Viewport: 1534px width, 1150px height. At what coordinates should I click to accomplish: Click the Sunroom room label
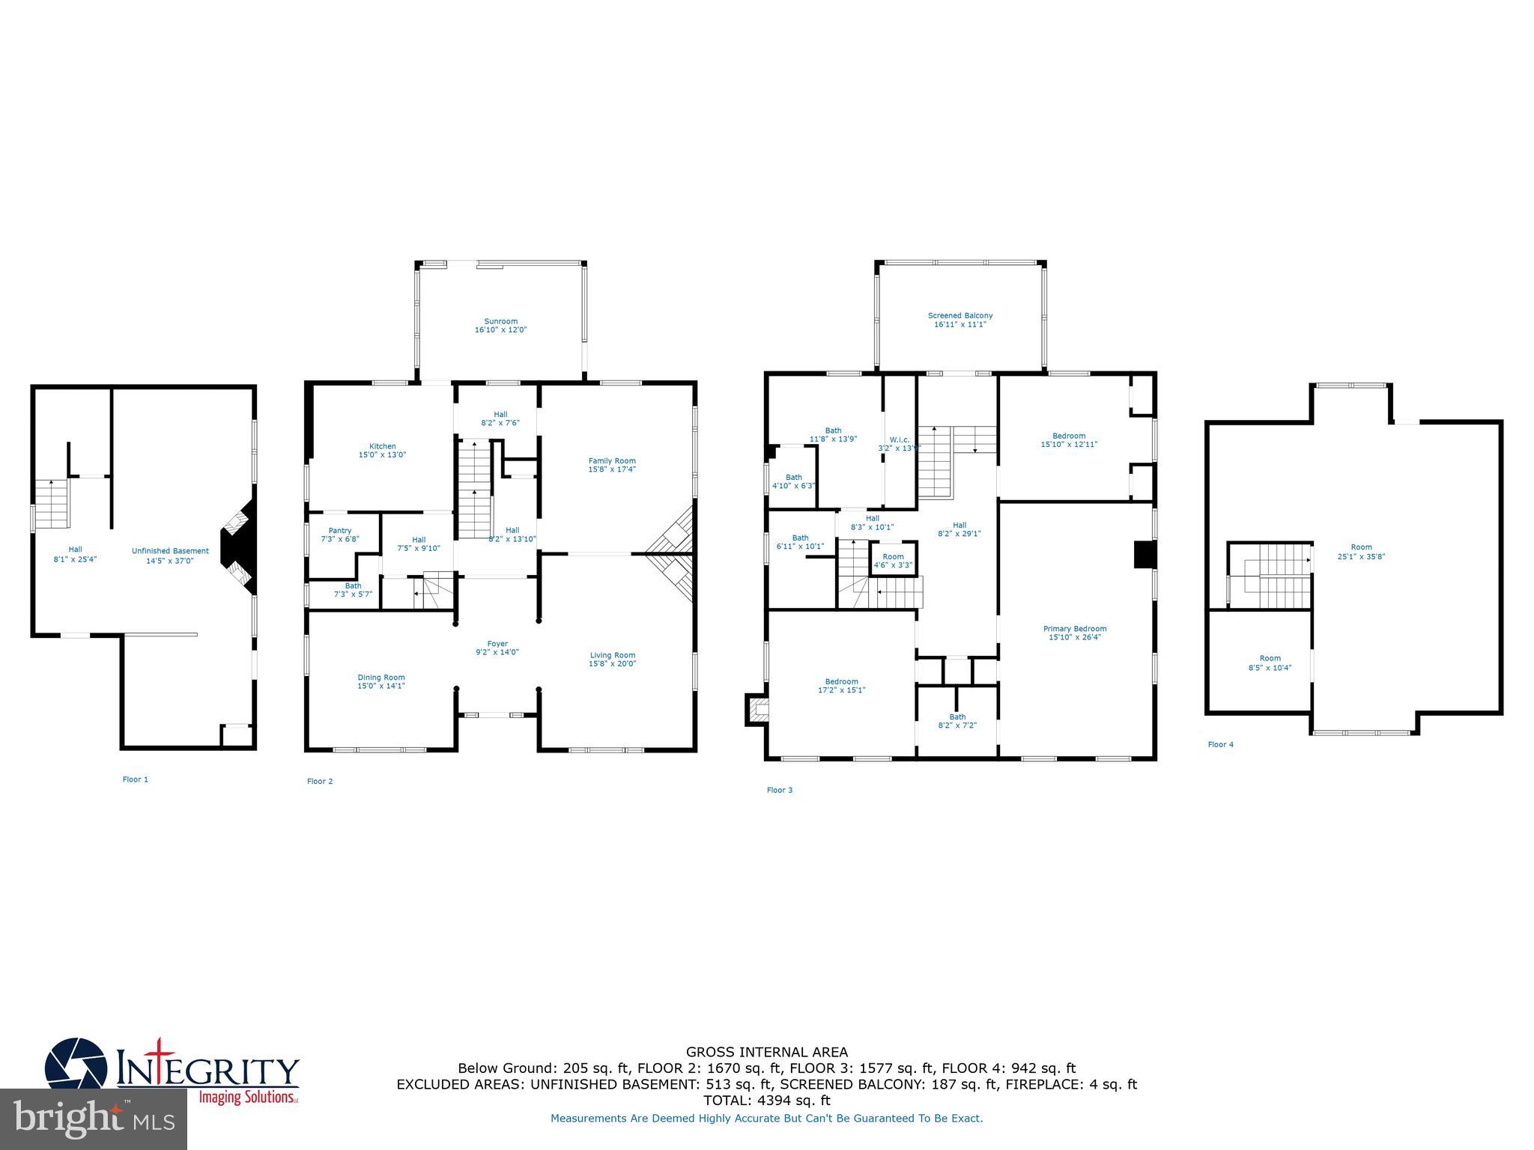pos(500,321)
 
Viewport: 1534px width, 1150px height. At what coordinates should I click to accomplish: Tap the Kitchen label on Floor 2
pos(382,446)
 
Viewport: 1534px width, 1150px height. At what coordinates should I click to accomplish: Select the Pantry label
pos(339,530)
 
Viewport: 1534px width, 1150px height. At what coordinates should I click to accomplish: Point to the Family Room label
pos(611,461)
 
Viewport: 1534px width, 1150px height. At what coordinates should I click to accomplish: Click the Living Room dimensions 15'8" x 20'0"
pos(612,663)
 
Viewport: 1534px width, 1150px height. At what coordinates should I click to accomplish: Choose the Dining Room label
pos(381,678)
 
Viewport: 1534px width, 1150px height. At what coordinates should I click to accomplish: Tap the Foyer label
pos(497,644)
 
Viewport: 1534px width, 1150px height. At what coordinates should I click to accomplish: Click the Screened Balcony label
pos(959,316)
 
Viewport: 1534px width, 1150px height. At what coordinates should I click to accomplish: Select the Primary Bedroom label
pos(1074,629)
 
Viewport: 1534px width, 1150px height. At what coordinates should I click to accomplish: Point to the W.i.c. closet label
pos(899,439)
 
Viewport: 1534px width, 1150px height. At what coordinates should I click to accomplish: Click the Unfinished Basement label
pos(170,551)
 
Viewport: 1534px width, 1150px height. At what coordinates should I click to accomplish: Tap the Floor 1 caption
pos(136,779)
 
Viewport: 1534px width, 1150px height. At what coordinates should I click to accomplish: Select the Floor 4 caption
pos(1220,744)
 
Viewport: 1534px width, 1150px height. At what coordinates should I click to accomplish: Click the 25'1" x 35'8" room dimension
pos(1361,556)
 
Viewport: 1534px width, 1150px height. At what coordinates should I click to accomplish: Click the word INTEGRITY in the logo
pos(208,1069)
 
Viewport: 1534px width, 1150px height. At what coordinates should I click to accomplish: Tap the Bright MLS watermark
pos(94,1119)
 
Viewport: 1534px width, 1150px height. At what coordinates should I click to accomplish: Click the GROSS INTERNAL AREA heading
pos(767,1052)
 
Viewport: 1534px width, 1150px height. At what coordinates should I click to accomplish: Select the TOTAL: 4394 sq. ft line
pos(767,1101)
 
